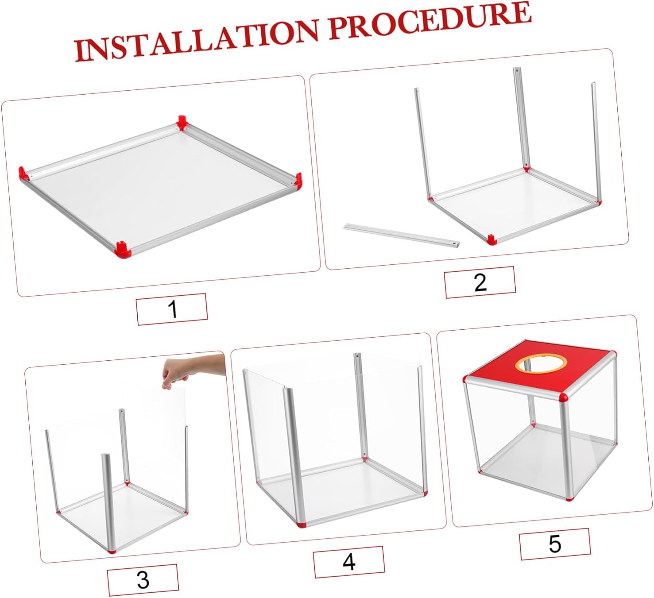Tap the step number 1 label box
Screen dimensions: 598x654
(172, 309)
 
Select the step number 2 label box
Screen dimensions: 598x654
(480, 282)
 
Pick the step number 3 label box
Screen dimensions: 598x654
(143, 579)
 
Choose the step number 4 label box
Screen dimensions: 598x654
(349, 562)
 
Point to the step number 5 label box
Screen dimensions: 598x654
(555, 543)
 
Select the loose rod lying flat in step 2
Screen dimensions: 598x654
(401, 235)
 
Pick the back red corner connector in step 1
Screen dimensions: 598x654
(182, 123)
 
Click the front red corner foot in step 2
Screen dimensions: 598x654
(491, 239)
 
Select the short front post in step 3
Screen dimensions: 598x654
(108, 502)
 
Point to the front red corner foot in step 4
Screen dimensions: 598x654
(301, 524)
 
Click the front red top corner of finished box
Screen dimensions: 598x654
(563, 397)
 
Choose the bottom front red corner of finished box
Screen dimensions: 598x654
(570, 498)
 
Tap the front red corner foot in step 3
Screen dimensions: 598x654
(112, 551)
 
